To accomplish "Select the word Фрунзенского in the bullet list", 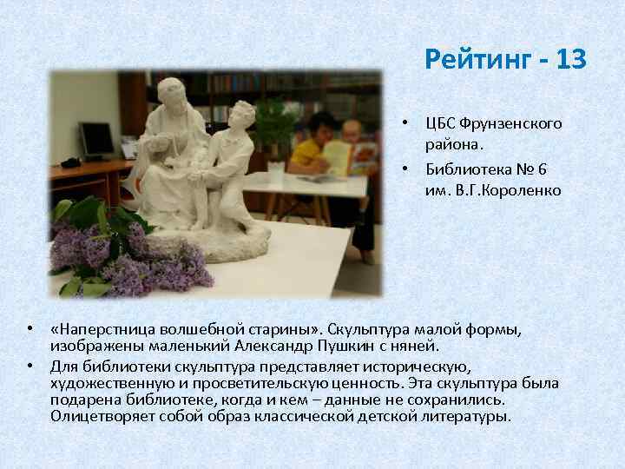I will (511, 123).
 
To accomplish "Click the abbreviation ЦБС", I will (439, 123).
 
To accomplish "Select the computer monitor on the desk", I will (95, 139).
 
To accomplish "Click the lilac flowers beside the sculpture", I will (130, 256).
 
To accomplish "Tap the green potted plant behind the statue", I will (276, 122).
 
